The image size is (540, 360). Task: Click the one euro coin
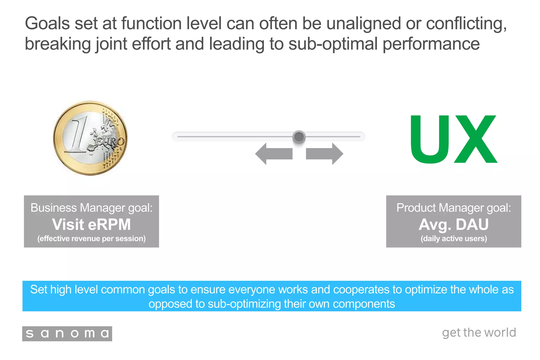90,138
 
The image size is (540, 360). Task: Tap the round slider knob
299,137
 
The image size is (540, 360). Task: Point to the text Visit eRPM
91,224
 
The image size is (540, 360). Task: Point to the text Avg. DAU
454,224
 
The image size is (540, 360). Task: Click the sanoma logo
67,334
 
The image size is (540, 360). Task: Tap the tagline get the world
479,333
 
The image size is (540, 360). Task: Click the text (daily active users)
454,238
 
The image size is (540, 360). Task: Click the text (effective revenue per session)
91,238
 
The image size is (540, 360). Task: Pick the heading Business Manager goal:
91,208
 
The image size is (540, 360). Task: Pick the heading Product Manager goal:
454,208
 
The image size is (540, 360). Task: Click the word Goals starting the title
47,23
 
